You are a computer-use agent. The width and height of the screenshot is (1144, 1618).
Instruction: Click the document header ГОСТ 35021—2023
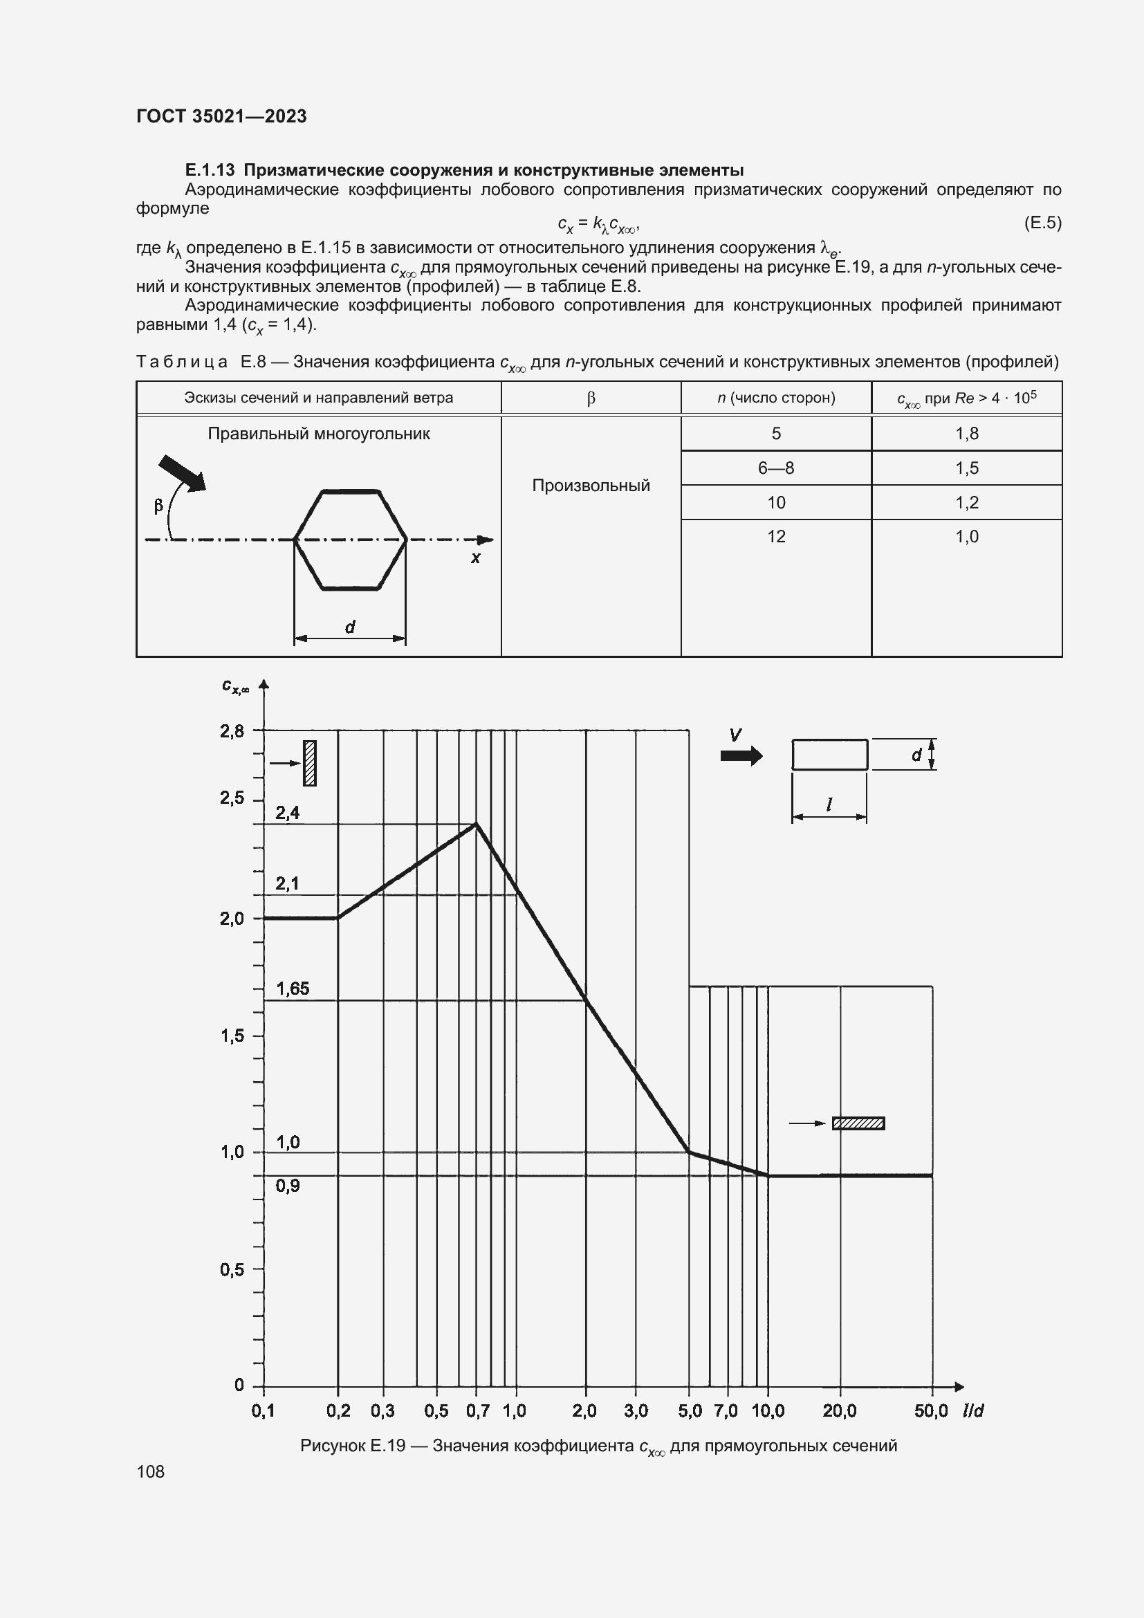[x=221, y=116]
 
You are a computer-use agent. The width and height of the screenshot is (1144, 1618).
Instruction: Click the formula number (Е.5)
[x=1042, y=223]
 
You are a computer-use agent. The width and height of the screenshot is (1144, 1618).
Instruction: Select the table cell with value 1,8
[x=966, y=434]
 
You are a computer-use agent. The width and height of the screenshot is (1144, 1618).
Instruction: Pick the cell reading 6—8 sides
[x=775, y=468]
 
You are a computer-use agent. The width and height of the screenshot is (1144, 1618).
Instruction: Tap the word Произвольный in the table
[x=590, y=486]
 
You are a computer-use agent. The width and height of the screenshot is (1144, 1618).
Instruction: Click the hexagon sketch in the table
[x=350, y=540]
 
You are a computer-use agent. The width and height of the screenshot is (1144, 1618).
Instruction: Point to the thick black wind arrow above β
[x=183, y=473]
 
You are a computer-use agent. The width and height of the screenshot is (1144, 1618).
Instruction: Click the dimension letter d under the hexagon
[x=350, y=626]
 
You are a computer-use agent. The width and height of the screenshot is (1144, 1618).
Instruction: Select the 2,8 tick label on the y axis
[x=232, y=731]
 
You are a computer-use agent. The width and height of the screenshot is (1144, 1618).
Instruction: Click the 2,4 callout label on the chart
[x=288, y=813]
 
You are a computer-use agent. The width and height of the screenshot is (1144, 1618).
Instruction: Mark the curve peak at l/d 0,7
[x=476, y=823]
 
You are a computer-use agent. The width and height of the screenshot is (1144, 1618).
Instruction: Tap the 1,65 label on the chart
[x=293, y=989]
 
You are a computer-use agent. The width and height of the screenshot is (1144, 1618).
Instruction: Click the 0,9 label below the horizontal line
[x=288, y=1186]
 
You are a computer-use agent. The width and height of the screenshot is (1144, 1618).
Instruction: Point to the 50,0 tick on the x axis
[x=930, y=1410]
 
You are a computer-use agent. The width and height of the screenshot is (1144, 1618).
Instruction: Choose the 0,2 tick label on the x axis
[x=338, y=1410]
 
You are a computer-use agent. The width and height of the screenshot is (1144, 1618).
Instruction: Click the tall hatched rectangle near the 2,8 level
[x=310, y=762]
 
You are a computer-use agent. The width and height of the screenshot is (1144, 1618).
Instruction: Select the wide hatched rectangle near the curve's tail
[x=858, y=1123]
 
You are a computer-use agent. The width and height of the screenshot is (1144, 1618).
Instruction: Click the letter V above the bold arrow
[x=735, y=735]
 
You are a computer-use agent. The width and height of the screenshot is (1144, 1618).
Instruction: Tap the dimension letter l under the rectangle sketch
[x=829, y=804]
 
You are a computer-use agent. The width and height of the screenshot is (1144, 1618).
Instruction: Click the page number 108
[x=150, y=1471]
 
